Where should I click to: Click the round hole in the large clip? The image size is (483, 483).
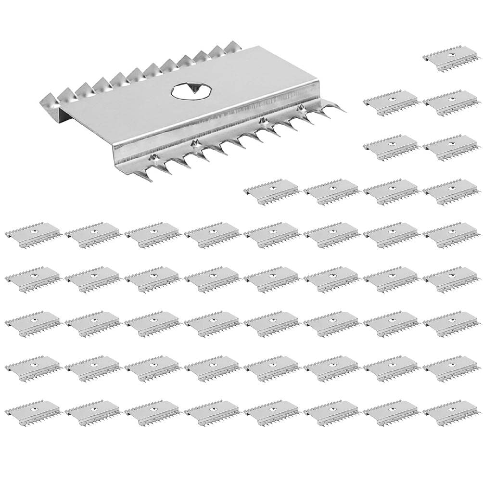pos(185,91)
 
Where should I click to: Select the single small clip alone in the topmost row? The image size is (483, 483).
pos(451,57)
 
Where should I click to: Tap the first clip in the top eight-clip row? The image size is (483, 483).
pos(33,234)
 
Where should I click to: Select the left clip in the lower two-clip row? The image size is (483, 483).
pos(391,146)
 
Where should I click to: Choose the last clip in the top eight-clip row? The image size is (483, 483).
pos(451,234)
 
